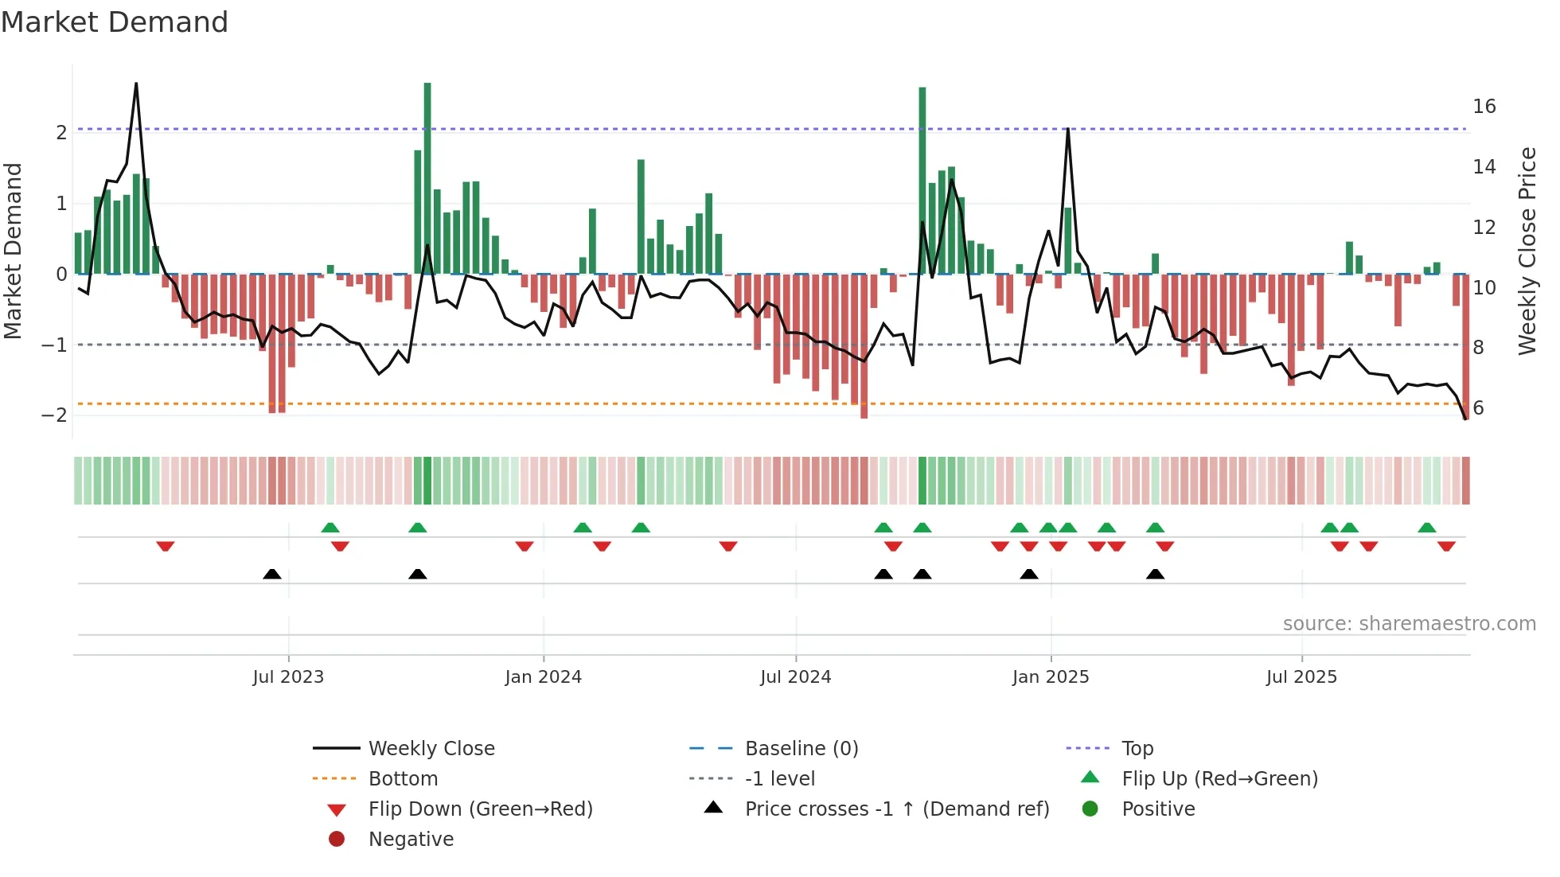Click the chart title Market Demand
coord(115,22)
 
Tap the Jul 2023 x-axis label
coord(288,677)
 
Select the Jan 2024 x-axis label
coord(543,677)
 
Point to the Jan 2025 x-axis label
coord(1051,677)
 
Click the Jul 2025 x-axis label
coord(1301,677)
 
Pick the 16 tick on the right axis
coord(1484,107)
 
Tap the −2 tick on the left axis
coord(54,415)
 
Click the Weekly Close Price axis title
coord(1527,251)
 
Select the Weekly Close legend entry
coord(431,749)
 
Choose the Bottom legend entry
coord(403,779)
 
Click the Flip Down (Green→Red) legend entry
coord(480,809)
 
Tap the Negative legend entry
coord(411,840)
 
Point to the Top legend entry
coord(1137,749)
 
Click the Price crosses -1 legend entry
coord(896,809)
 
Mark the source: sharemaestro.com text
coord(1409,624)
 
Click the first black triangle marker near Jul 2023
coord(272,574)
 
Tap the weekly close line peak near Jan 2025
coord(1067,130)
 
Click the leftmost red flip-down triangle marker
coord(166,546)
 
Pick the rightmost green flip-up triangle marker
coord(1426,528)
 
